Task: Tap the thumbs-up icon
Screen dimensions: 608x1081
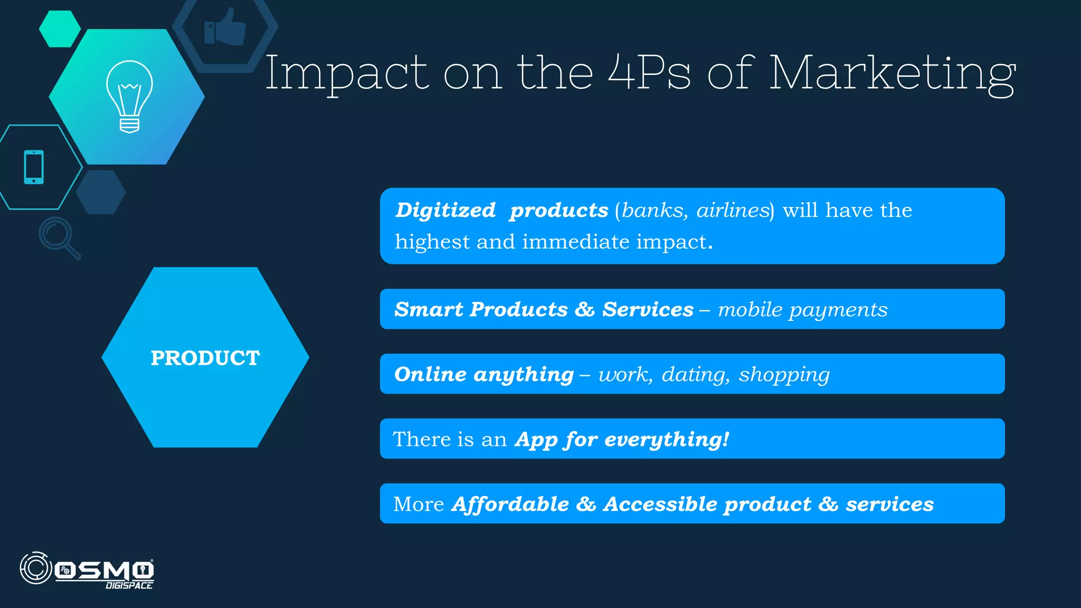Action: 225,27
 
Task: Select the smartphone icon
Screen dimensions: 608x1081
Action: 34,167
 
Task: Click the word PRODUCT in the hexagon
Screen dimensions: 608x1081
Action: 205,358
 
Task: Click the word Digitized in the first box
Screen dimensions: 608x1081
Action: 445,210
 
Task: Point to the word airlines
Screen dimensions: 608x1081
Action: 733,210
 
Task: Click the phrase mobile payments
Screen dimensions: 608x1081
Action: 802,309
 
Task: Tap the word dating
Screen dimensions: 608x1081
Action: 695,374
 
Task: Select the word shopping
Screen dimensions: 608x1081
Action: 784,374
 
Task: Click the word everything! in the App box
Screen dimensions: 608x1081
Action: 667,439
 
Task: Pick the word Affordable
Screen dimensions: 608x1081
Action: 510,504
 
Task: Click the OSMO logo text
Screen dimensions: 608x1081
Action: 104,570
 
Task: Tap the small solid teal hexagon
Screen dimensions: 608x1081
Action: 60,28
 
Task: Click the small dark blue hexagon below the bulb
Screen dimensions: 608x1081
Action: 101,192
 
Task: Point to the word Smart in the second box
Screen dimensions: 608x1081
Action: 428,309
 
